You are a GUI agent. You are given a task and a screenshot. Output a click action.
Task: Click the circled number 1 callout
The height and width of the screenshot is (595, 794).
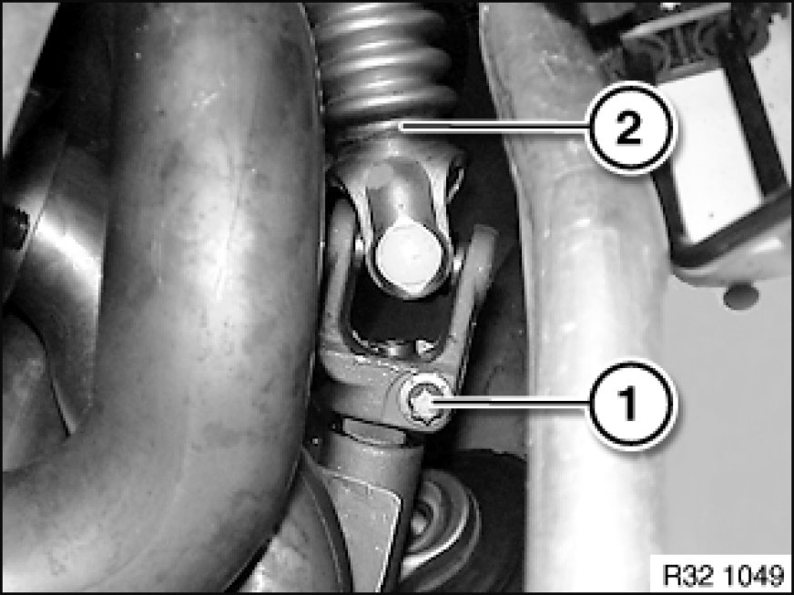[631, 404]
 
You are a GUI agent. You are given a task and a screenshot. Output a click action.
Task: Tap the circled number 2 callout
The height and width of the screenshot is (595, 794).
[631, 128]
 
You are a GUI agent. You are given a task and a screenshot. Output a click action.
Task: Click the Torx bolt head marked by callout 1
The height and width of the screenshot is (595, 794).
[422, 403]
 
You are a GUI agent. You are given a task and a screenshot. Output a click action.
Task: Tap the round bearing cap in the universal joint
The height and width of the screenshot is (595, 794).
[408, 260]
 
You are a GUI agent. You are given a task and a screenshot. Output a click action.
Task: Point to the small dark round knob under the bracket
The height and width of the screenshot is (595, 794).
[740, 297]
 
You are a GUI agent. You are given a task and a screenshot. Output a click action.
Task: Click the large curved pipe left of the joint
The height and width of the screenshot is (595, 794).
[168, 294]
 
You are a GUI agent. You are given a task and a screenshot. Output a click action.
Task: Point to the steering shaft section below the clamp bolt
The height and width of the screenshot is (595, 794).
[375, 457]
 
